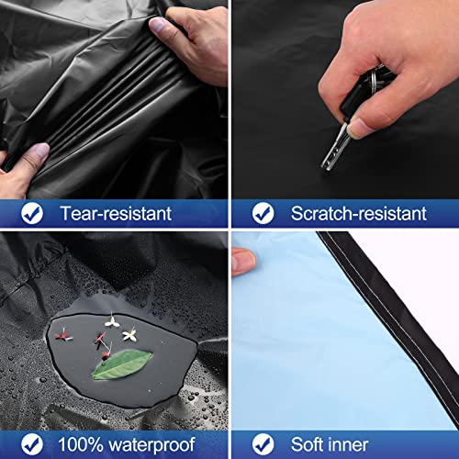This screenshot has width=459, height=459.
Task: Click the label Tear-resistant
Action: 115,214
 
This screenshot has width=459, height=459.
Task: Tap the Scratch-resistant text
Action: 358,214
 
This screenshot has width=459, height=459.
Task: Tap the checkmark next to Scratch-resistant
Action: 263,214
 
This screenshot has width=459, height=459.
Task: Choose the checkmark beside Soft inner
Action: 263,442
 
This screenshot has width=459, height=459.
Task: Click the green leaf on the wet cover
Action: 121,364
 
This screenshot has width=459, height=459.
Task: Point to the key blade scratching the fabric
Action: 333,152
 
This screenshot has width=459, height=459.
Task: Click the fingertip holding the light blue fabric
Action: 242,262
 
